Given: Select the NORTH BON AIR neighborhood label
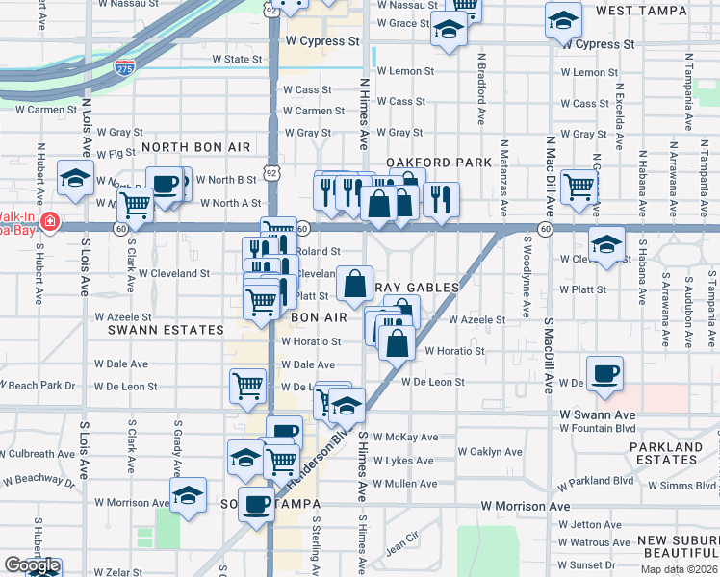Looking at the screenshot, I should (195, 147).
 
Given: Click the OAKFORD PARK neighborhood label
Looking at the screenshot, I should (425, 163).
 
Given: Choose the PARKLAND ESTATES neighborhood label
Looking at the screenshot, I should (665, 453).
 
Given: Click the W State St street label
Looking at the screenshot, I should (237, 59).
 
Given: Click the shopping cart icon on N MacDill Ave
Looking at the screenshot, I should (579, 187).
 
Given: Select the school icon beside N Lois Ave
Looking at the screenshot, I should (75, 179).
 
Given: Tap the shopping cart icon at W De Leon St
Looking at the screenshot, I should (247, 385).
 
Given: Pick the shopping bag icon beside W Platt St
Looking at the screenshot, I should (355, 283).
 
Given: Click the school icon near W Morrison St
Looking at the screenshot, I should (188, 495).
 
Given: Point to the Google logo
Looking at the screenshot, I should (32, 566).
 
